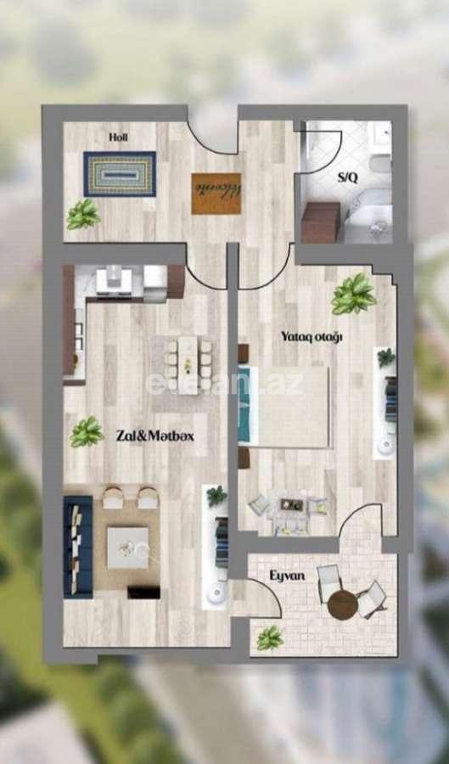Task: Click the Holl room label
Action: [x=118, y=136]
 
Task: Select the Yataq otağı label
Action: [x=311, y=337]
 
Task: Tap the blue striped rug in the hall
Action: [x=120, y=174]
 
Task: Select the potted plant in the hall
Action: [x=83, y=213]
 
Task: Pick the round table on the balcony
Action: [x=343, y=604]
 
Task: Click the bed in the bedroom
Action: [x=284, y=407]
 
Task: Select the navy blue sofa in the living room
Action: [x=77, y=546]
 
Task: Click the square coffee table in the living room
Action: [x=127, y=548]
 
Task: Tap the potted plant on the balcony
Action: [x=270, y=637]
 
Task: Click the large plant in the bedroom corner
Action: [x=354, y=294]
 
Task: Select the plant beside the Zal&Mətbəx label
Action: [x=86, y=432]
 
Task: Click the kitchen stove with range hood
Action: [x=119, y=281]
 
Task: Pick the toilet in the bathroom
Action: [x=381, y=161]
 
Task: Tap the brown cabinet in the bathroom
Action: [x=320, y=222]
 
